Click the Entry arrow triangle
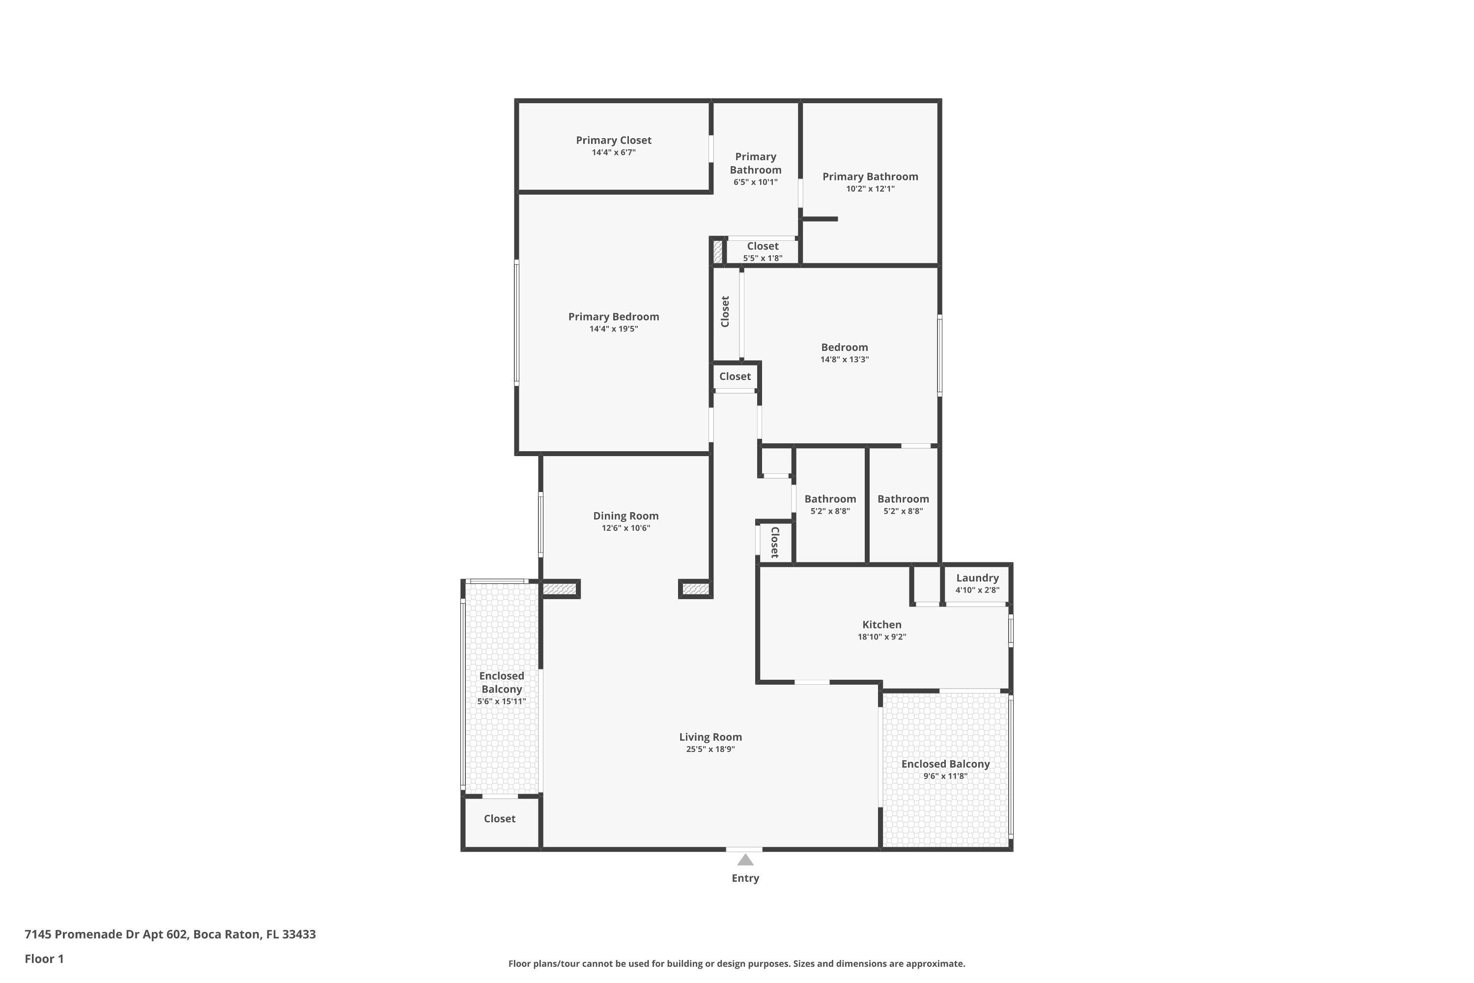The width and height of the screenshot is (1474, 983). tap(745, 860)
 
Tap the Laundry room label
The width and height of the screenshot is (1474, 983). tap(977, 578)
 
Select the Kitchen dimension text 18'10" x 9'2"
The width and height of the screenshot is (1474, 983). tap(882, 637)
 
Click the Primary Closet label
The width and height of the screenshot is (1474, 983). tap(614, 141)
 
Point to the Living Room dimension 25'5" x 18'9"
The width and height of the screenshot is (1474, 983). tap(710, 749)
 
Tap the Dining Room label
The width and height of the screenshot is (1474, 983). tap(625, 516)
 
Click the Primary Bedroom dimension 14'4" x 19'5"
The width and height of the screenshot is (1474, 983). tap(614, 329)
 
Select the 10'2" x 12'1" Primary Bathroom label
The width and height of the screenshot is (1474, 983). tap(870, 182)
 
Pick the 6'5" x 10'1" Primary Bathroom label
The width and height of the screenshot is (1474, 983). tap(755, 169)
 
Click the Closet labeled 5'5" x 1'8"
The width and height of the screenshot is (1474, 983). tap(763, 251)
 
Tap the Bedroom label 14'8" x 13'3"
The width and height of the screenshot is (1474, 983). tap(844, 353)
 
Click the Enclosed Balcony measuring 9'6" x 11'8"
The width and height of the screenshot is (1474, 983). tap(945, 769)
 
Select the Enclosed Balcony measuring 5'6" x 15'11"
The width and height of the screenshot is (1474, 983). tap(501, 689)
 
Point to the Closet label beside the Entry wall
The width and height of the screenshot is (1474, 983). tap(500, 819)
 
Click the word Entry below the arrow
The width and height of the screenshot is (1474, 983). tap(745, 878)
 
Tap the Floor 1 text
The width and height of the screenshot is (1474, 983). tap(44, 958)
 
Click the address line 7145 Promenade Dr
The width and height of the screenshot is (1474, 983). tap(170, 934)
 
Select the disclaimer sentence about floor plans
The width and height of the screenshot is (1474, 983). tap(737, 963)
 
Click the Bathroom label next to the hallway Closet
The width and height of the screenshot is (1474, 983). tap(830, 505)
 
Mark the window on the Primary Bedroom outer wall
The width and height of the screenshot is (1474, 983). tap(516, 322)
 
